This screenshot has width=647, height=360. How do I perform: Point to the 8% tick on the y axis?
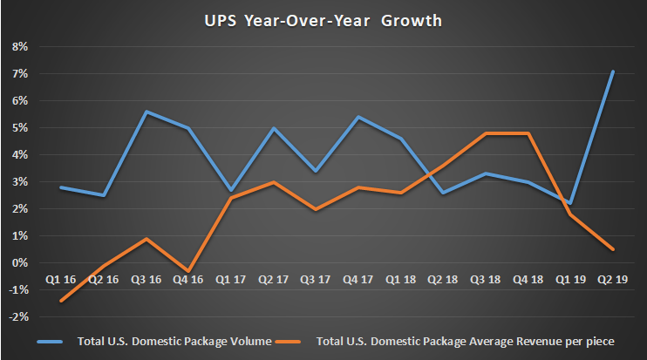click(19, 47)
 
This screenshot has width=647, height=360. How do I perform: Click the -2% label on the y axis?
click(17, 317)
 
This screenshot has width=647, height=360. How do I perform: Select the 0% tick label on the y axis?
click(19, 263)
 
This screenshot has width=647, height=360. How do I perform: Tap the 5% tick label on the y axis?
click(19, 128)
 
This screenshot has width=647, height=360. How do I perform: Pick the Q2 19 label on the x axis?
click(612, 281)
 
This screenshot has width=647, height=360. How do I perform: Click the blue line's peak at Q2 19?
click(613, 71)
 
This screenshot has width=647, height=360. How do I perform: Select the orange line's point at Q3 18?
click(487, 133)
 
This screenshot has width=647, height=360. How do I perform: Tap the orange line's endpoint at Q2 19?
click(613, 249)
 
